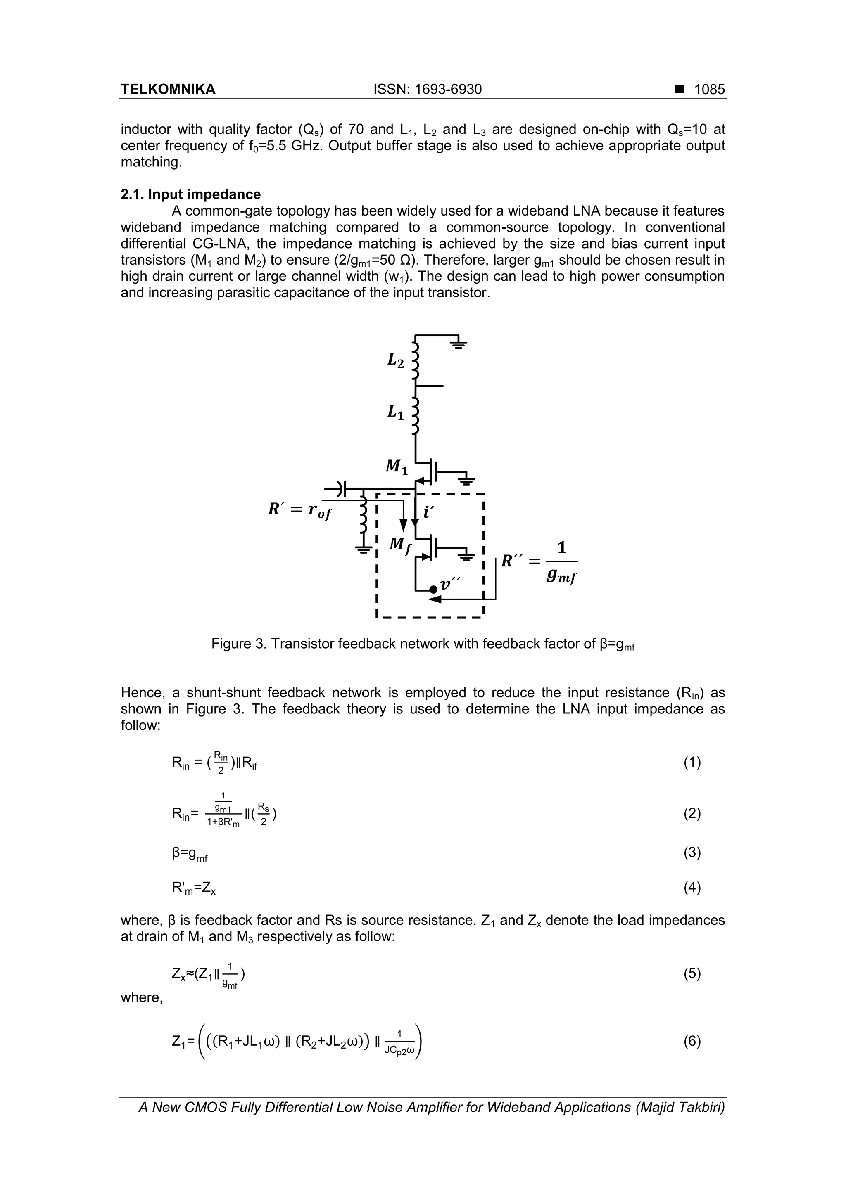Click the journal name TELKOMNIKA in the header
(x=168, y=90)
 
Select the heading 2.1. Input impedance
(x=191, y=194)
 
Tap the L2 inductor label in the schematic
(x=396, y=360)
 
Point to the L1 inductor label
(x=396, y=412)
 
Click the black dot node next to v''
(x=433, y=590)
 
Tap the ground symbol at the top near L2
(x=459, y=344)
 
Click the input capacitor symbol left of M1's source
(x=342, y=489)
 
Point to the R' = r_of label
(x=299, y=510)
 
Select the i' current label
(x=428, y=512)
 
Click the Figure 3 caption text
(x=423, y=644)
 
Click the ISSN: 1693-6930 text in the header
(x=428, y=90)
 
